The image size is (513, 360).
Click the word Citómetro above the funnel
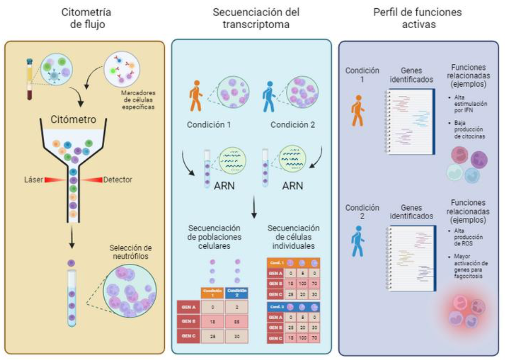pyautogui.click(x=73, y=120)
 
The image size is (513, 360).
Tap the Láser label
pyautogui.click(x=33, y=180)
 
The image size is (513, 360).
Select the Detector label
pyautogui.click(x=117, y=180)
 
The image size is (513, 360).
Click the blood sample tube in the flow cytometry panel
pyautogui.click(x=30, y=79)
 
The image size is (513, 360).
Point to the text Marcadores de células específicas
pyautogui.click(x=138, y=100)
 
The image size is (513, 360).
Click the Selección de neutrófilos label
pyautogui.click(x=130, y=252)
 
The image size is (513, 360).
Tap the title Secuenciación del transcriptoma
pyautogui.click(x=256, y=18)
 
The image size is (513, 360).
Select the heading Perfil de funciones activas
pyautogui.click(x=418, y=18)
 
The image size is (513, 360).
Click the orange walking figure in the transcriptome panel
pyautogui.click(x=196, y=96)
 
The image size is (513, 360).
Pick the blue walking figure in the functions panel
pyautogui.click(x=358, y=241)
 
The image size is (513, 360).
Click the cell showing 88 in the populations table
pyautogui.click(x=237, y=322)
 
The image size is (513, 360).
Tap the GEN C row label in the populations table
pyautogui.click(x=188, y=336)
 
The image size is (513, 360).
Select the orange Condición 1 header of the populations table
pyautogui.click(x=212, y=293)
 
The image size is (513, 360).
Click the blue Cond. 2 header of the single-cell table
pyautogui.click(x=276, y=307)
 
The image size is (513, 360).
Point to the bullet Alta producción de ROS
pyautogui.click(x=468, y=237)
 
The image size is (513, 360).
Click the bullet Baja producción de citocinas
pyautogui.click(x=469, y=130)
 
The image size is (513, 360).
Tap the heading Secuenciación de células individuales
pyautogui.click(x=293, y=237)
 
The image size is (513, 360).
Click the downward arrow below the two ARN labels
pyautogui.click(x=254, y=207)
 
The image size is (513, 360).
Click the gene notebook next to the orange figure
pyautogui.click(x=410, y=122)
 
